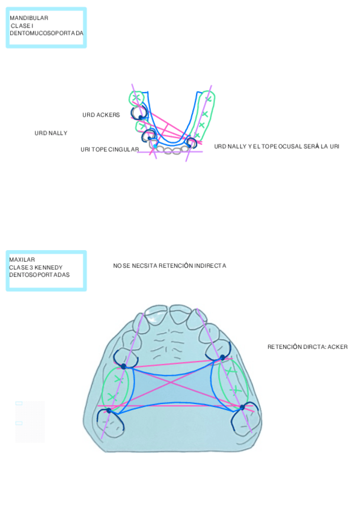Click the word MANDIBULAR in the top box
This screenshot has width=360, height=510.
[x=29, y=18]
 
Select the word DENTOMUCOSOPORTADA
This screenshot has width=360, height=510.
[x=46, y=33]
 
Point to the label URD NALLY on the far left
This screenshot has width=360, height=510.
[x=51, y=133]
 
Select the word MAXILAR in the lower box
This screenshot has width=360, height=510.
[x=22, y=260]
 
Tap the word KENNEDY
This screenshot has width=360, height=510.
[x=49, y=268]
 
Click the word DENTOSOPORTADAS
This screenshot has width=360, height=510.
[x=39, y=275]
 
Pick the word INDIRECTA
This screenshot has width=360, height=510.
[x=210, y=266]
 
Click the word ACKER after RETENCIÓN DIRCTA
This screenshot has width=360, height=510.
[x=338, y=347]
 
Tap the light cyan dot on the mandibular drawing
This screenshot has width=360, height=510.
[x=155, y=147]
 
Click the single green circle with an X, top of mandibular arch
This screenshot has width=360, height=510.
[x=136, y=97]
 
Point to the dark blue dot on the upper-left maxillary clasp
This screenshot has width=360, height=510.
[x=123, y=366]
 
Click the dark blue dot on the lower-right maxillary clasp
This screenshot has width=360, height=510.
[x=242, y=407]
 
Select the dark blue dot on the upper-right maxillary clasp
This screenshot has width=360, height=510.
[x=222, y=357]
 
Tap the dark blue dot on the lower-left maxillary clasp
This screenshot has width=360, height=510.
[x=109, y=411]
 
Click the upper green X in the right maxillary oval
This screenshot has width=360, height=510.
[x=230, y=370]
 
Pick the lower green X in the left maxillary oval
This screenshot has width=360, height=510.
[x=111, y=397]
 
